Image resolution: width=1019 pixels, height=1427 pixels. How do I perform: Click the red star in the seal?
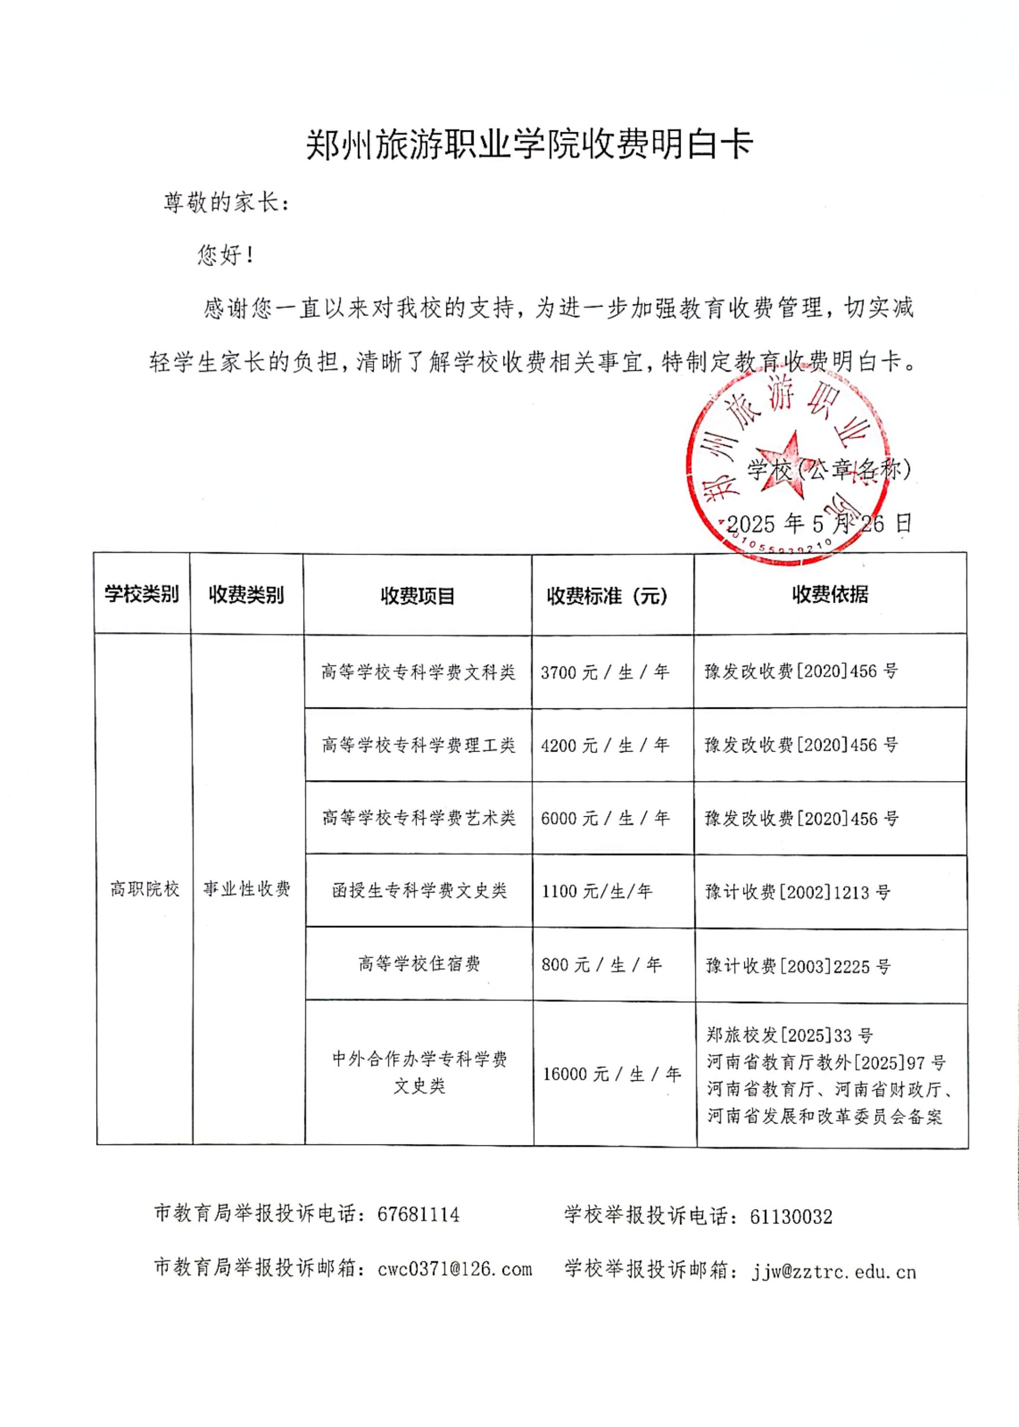point(784,464)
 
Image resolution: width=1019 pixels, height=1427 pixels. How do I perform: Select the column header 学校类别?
point(142,593)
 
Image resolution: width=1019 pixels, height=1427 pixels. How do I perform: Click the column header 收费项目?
point(417,595)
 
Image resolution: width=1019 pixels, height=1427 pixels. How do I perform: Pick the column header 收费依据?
point(829,593)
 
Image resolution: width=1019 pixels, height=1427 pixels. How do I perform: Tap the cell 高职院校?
point(144,888)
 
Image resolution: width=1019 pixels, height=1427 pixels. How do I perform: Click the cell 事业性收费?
point(247,888)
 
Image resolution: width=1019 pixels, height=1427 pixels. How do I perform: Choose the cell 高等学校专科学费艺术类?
point(418,817)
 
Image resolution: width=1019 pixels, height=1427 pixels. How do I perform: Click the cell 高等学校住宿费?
point(418,963)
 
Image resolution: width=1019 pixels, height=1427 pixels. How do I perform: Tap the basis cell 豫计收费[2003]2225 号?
point(798,965)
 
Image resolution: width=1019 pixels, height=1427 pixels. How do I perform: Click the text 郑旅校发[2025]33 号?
point(789,1035)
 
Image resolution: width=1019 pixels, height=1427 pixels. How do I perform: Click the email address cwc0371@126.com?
point(455,1269)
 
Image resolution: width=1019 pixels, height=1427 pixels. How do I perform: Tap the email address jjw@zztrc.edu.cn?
point(834,1271)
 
